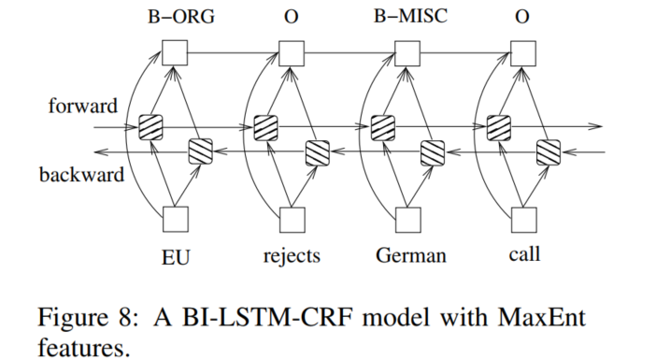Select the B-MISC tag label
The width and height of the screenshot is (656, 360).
[407, 18]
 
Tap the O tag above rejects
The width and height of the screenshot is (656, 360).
[291, 18]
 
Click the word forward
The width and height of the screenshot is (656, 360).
[84, 105]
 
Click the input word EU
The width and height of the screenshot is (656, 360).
[176, 255]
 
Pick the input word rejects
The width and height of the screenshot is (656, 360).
[292, 255]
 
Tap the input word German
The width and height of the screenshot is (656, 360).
[408, 255]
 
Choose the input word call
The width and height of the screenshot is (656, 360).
[525, 254]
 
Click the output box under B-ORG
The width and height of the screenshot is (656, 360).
[176, 53]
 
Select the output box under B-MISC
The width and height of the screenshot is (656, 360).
[408, 53]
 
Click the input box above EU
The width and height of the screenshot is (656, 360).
[176, 220]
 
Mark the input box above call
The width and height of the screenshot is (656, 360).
[525, 220]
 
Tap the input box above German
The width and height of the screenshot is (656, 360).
[408, 220]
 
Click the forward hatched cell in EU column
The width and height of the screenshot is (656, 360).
[150, 126]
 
